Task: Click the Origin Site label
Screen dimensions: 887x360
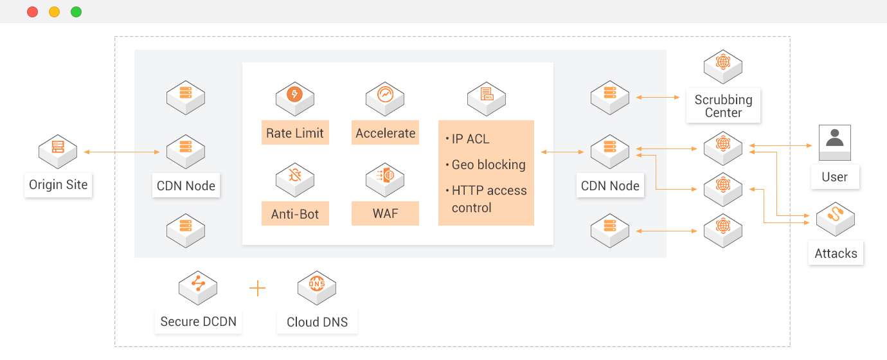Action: click(58, 184)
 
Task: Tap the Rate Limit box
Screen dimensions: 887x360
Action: click(295, 132)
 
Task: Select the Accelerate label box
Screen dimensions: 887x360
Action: click(385, 132)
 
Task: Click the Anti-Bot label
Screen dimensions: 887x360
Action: click(295, 213)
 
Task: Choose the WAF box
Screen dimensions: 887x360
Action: click(385, 213)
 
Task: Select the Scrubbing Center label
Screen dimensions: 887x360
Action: click(724, 105)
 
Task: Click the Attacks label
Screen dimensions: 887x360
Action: click(836, 253)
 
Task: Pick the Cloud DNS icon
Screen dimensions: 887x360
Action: click(317, 287)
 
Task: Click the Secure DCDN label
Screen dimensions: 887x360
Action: click(199, 321)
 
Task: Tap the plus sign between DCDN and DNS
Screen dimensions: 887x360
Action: click(257, 288)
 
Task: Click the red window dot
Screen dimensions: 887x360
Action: click(33, 12)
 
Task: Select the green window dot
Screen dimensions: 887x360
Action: click(76, 12)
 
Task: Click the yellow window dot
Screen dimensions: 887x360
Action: click(54, 12)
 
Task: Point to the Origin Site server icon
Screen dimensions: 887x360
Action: click(58, 151)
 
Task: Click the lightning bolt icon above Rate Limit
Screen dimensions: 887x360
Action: click(294, 94)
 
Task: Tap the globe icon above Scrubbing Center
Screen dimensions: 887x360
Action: click(723, 62)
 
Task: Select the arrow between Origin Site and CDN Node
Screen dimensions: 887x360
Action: click(121, 152)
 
